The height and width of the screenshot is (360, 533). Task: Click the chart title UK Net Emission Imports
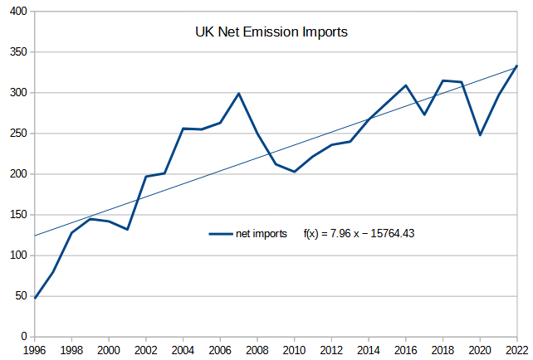point(270,33)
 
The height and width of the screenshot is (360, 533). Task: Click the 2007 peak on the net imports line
point(239,94)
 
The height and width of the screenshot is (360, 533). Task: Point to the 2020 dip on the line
point(480,134)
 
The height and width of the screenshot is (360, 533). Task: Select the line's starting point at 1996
point(35,298)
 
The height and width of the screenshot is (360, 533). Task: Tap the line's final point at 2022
point(516,66)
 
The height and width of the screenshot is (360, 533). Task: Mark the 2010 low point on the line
point(295,172)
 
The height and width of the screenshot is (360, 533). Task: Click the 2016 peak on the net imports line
point(406,85)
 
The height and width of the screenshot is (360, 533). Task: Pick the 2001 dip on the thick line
point(128,229)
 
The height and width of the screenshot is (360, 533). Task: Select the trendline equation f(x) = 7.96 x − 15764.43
point(359,234)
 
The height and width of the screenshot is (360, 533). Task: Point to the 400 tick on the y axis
point(17,12)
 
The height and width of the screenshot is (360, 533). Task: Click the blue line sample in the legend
point(220,234)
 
